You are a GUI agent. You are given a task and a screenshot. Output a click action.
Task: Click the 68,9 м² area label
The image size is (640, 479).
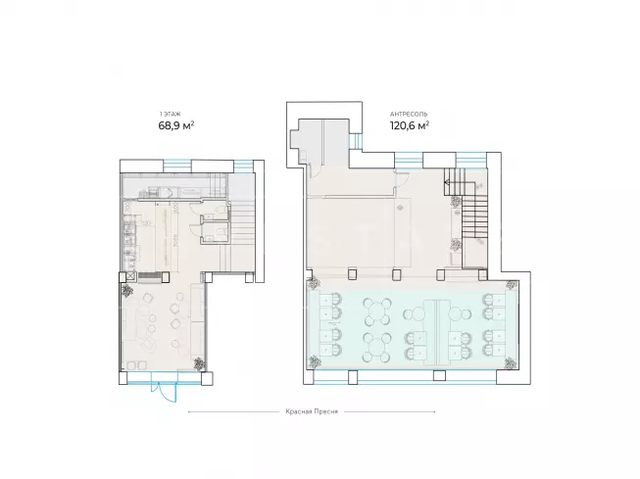point(175,125)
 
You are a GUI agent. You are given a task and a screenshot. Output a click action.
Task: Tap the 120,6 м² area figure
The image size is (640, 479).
point(410,125)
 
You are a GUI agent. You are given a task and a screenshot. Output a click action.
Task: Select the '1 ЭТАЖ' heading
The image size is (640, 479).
point(170,115)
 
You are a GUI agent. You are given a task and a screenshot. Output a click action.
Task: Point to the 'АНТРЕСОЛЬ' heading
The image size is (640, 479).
point(409,115)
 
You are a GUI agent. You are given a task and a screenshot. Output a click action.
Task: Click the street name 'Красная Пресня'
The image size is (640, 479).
point(312,411)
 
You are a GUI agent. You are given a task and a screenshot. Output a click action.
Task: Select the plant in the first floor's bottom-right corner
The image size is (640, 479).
point(199,363)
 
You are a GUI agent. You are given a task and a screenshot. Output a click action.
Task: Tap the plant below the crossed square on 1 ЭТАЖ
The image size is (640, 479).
point(127,291)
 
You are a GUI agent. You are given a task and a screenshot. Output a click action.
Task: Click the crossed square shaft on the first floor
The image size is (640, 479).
point(130,276)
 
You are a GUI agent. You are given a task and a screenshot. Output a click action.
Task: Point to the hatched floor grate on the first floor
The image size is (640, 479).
point(150,277)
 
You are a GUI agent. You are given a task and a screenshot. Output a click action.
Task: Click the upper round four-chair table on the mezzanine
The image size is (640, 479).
point(376,311)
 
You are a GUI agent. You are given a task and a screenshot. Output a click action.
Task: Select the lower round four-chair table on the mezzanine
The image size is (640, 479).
point(376,348)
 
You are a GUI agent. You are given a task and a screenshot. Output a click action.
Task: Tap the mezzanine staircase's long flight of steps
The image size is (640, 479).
point(474,217)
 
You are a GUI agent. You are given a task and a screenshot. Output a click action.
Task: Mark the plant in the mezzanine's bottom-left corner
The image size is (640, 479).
point(315,361)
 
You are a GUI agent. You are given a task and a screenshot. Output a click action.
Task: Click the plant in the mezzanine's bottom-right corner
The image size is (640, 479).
point(510,362)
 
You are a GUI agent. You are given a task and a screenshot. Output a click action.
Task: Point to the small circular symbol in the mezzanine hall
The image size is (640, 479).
point(401,208)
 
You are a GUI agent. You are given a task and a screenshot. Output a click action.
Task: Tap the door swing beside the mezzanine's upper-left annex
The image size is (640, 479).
point(316,172)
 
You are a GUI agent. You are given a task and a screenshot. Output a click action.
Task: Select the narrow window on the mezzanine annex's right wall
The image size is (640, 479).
point(356,142)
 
